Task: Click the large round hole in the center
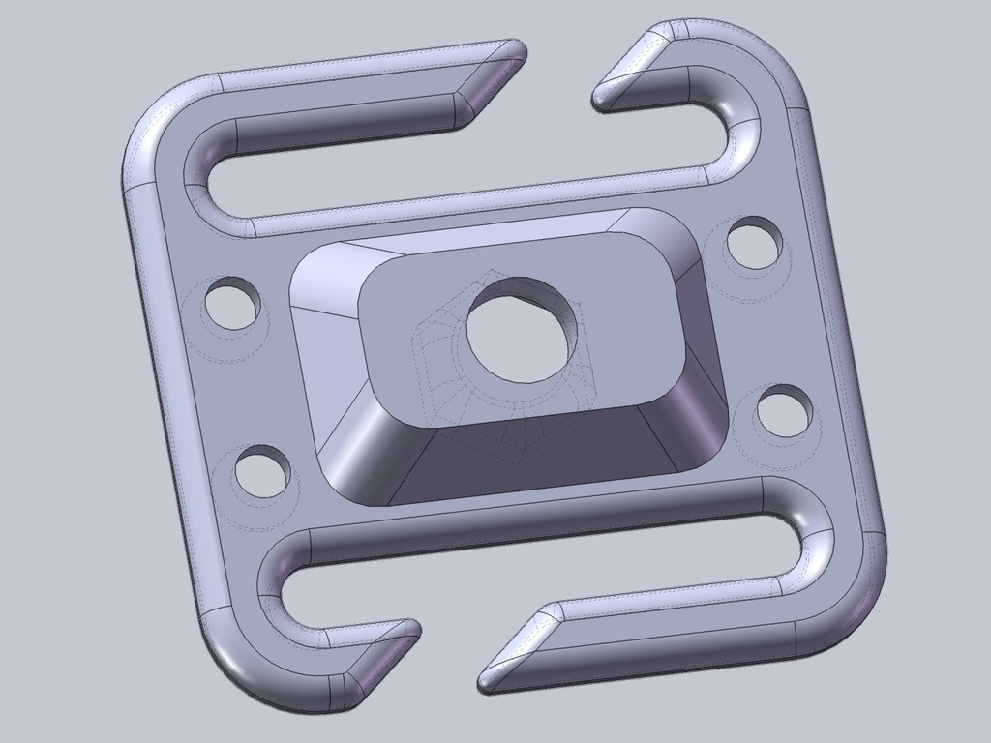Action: pyautogui.click(x=526, y=330)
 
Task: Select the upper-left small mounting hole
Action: pyautogui.click(x=232, y=304)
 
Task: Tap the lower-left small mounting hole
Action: pyautogui.click(x=261, y=471)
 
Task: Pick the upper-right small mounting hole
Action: pyautogui.click(x=754, y=242)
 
